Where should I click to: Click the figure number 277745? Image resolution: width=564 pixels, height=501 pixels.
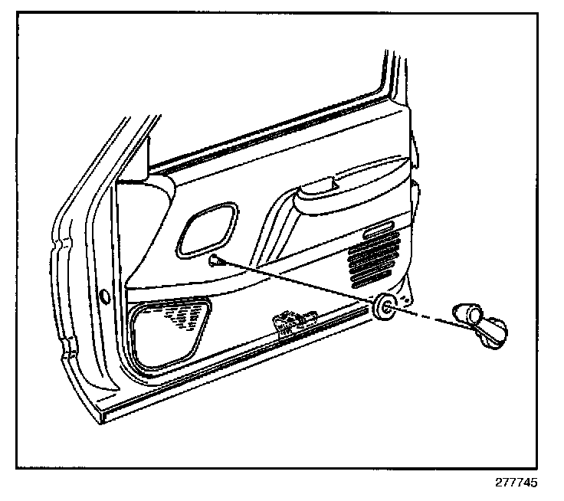(x=516, y=484)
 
